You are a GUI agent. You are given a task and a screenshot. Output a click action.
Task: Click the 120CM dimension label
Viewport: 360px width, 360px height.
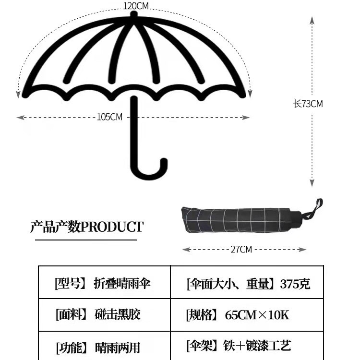coord(136,6)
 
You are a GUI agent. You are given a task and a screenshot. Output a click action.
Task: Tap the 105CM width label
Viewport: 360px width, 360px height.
coord(110,117)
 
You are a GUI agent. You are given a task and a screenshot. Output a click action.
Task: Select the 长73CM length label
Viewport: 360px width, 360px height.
coord(308,104)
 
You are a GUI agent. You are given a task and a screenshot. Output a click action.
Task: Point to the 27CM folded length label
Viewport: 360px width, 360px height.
coord(241,249)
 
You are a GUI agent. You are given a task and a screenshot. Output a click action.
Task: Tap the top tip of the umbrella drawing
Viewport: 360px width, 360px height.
coord(134,15)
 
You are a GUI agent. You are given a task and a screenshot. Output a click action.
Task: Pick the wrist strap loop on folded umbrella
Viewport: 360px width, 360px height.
coord(317,206)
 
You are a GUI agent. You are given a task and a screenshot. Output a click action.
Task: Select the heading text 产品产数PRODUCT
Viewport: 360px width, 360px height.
coord(87,227)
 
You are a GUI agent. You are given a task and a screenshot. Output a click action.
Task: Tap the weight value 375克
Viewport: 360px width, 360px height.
coord(295,284)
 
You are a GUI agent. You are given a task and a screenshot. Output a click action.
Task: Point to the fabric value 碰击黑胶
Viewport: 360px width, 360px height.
coord(118,315)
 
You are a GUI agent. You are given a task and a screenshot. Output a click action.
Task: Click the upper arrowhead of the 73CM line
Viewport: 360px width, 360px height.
coord(312,18)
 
